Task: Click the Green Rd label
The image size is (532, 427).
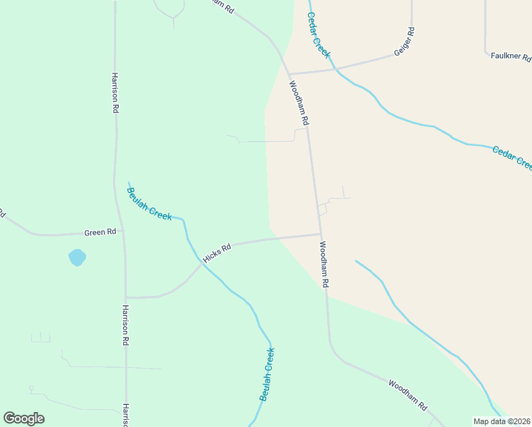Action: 100,232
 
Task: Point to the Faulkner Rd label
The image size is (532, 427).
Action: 511,55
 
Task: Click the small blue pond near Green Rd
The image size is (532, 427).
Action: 77,257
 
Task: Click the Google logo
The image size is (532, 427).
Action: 23,418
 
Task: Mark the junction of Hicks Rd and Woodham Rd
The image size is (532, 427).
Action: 320,234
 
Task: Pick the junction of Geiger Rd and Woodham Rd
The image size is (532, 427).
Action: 289,73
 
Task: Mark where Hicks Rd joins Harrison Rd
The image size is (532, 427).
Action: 126,297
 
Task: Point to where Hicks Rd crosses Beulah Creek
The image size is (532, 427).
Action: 201,263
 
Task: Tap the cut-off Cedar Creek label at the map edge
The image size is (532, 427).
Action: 512,157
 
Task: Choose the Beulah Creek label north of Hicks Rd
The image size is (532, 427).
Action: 149,204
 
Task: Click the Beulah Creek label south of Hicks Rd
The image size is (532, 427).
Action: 267,374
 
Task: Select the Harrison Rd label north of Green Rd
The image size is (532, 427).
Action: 115,93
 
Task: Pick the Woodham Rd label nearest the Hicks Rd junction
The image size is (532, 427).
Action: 324,264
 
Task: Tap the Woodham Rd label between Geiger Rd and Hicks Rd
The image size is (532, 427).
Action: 299,103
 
